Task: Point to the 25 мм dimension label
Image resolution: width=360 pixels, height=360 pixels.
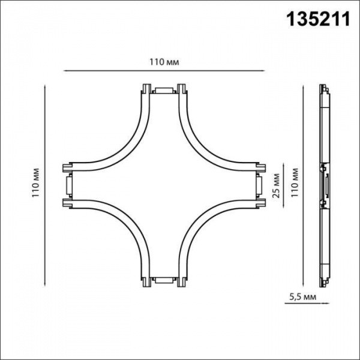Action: coord(277,187)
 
